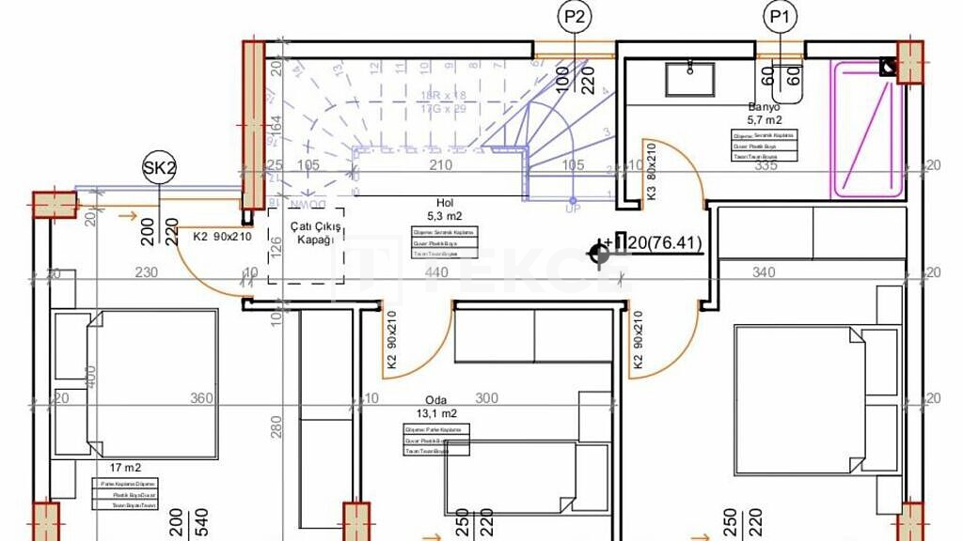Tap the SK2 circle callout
pos(159,168)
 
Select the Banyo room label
pos(764,107)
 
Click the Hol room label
pos(445,202)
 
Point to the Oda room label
pos(434,398)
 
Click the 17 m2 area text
pos(126,467)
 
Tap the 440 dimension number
pos(436,272)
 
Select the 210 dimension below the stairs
pos(441,166)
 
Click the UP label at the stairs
pos(573,209)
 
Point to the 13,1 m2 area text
pos(434,413)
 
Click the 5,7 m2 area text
pos(764,120)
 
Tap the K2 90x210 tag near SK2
pos(222,237)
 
